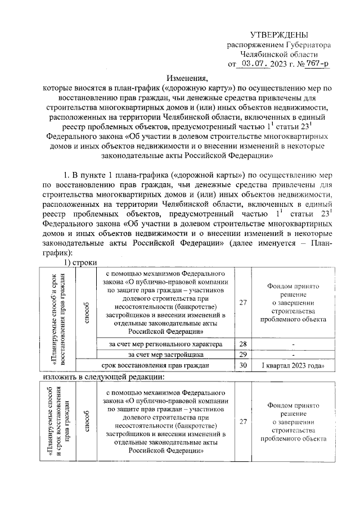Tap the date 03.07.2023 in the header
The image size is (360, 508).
[263, 63]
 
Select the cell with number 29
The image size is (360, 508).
[243, 355]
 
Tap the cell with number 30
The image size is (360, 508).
[243, 365]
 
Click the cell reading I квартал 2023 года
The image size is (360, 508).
[294, 365]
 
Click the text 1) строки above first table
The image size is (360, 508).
[81, 262]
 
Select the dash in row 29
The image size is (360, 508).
[294, 355]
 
